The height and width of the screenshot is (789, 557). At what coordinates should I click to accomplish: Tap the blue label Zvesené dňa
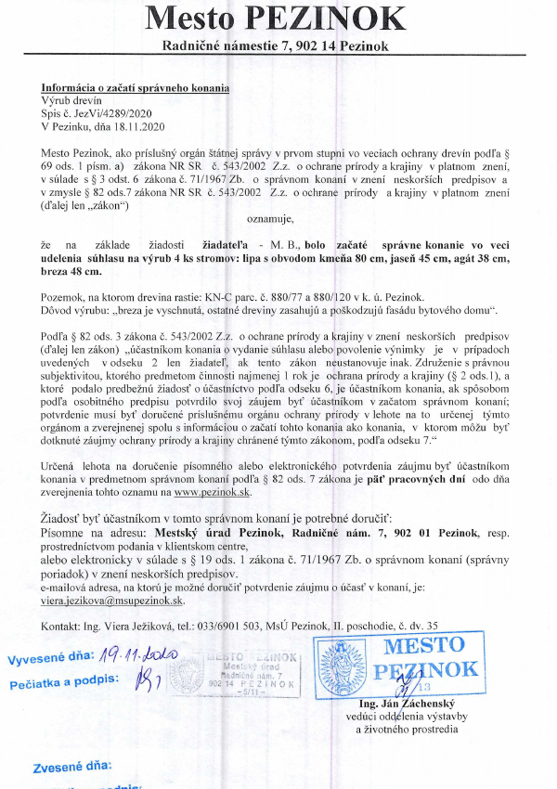(72, 767)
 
